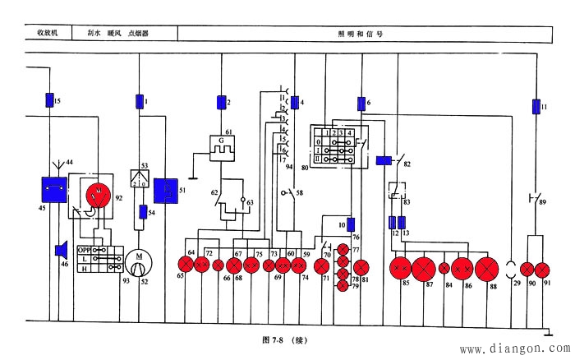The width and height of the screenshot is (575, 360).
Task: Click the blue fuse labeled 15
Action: (x=48, y=100)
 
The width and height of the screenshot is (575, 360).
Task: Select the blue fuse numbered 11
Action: (x=536, y=107)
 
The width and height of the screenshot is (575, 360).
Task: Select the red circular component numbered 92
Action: (x=99, y=196)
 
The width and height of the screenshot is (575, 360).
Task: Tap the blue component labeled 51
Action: (x=167, y=191)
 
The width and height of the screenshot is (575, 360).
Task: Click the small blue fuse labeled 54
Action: (x=143, y=212)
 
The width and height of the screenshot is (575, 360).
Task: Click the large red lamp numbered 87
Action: (x=425, y=268)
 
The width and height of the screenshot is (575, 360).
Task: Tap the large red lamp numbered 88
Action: (x=487, y=268)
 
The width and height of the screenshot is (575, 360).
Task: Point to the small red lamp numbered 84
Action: (x=444, y=268)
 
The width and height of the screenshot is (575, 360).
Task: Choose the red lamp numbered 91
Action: (x=542, y=269)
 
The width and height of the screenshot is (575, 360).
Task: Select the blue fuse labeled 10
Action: (x=351, y=224)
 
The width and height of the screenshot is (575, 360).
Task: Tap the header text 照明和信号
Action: (x=360, y=35)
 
